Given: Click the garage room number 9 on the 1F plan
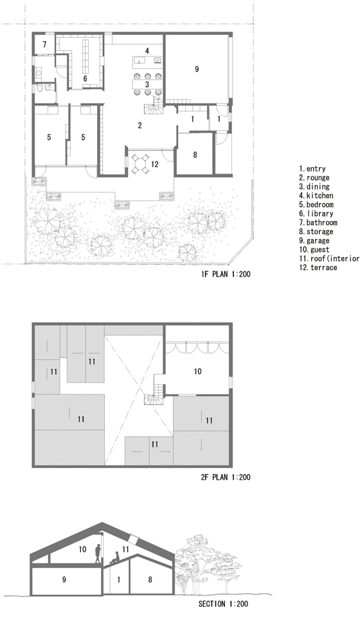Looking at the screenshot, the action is pyautogui.click(x=197, y=69).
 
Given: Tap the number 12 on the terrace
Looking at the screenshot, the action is pyautogui.click(x=155, y=164).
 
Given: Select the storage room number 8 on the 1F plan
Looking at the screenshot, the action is pyautogui.click(x=195, y=154).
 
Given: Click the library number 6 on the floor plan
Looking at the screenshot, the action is pyautogui.click(x=85, y=78).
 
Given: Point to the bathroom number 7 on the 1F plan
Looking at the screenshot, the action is pyautogui.click(x=44, y=44).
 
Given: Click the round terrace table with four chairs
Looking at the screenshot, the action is pyautogui.click(x=140, y=164).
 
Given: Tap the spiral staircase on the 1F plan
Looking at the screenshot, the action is pyautogui.click(x=153, y=108).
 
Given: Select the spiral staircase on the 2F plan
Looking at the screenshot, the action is pyautogui.click(x=153, y=399).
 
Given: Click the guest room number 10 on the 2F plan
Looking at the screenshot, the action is pyautogui.click(x=197, y=371).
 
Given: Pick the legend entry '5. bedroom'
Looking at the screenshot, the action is pyautogui.click(x=316, y=204).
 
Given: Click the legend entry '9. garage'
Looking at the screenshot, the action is pyautogui.click(x=314, y=240).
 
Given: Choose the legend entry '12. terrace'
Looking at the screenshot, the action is pyautogui.click(x=318, y=267).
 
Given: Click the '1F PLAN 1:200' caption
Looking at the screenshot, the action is pyautogui.click(x=226, y=274).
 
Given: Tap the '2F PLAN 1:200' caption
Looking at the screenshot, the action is pyautogui.click(x=226, y=477).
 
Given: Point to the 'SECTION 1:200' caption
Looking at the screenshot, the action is pyautogui.click(x=223, y=604).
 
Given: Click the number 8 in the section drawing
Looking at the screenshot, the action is pyautogui.click(x=150, y=579).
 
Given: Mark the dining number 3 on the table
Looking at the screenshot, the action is pyautogui.click(x=147, y=84).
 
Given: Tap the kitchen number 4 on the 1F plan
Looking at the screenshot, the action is pyautogui.click(x=147, y=51).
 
